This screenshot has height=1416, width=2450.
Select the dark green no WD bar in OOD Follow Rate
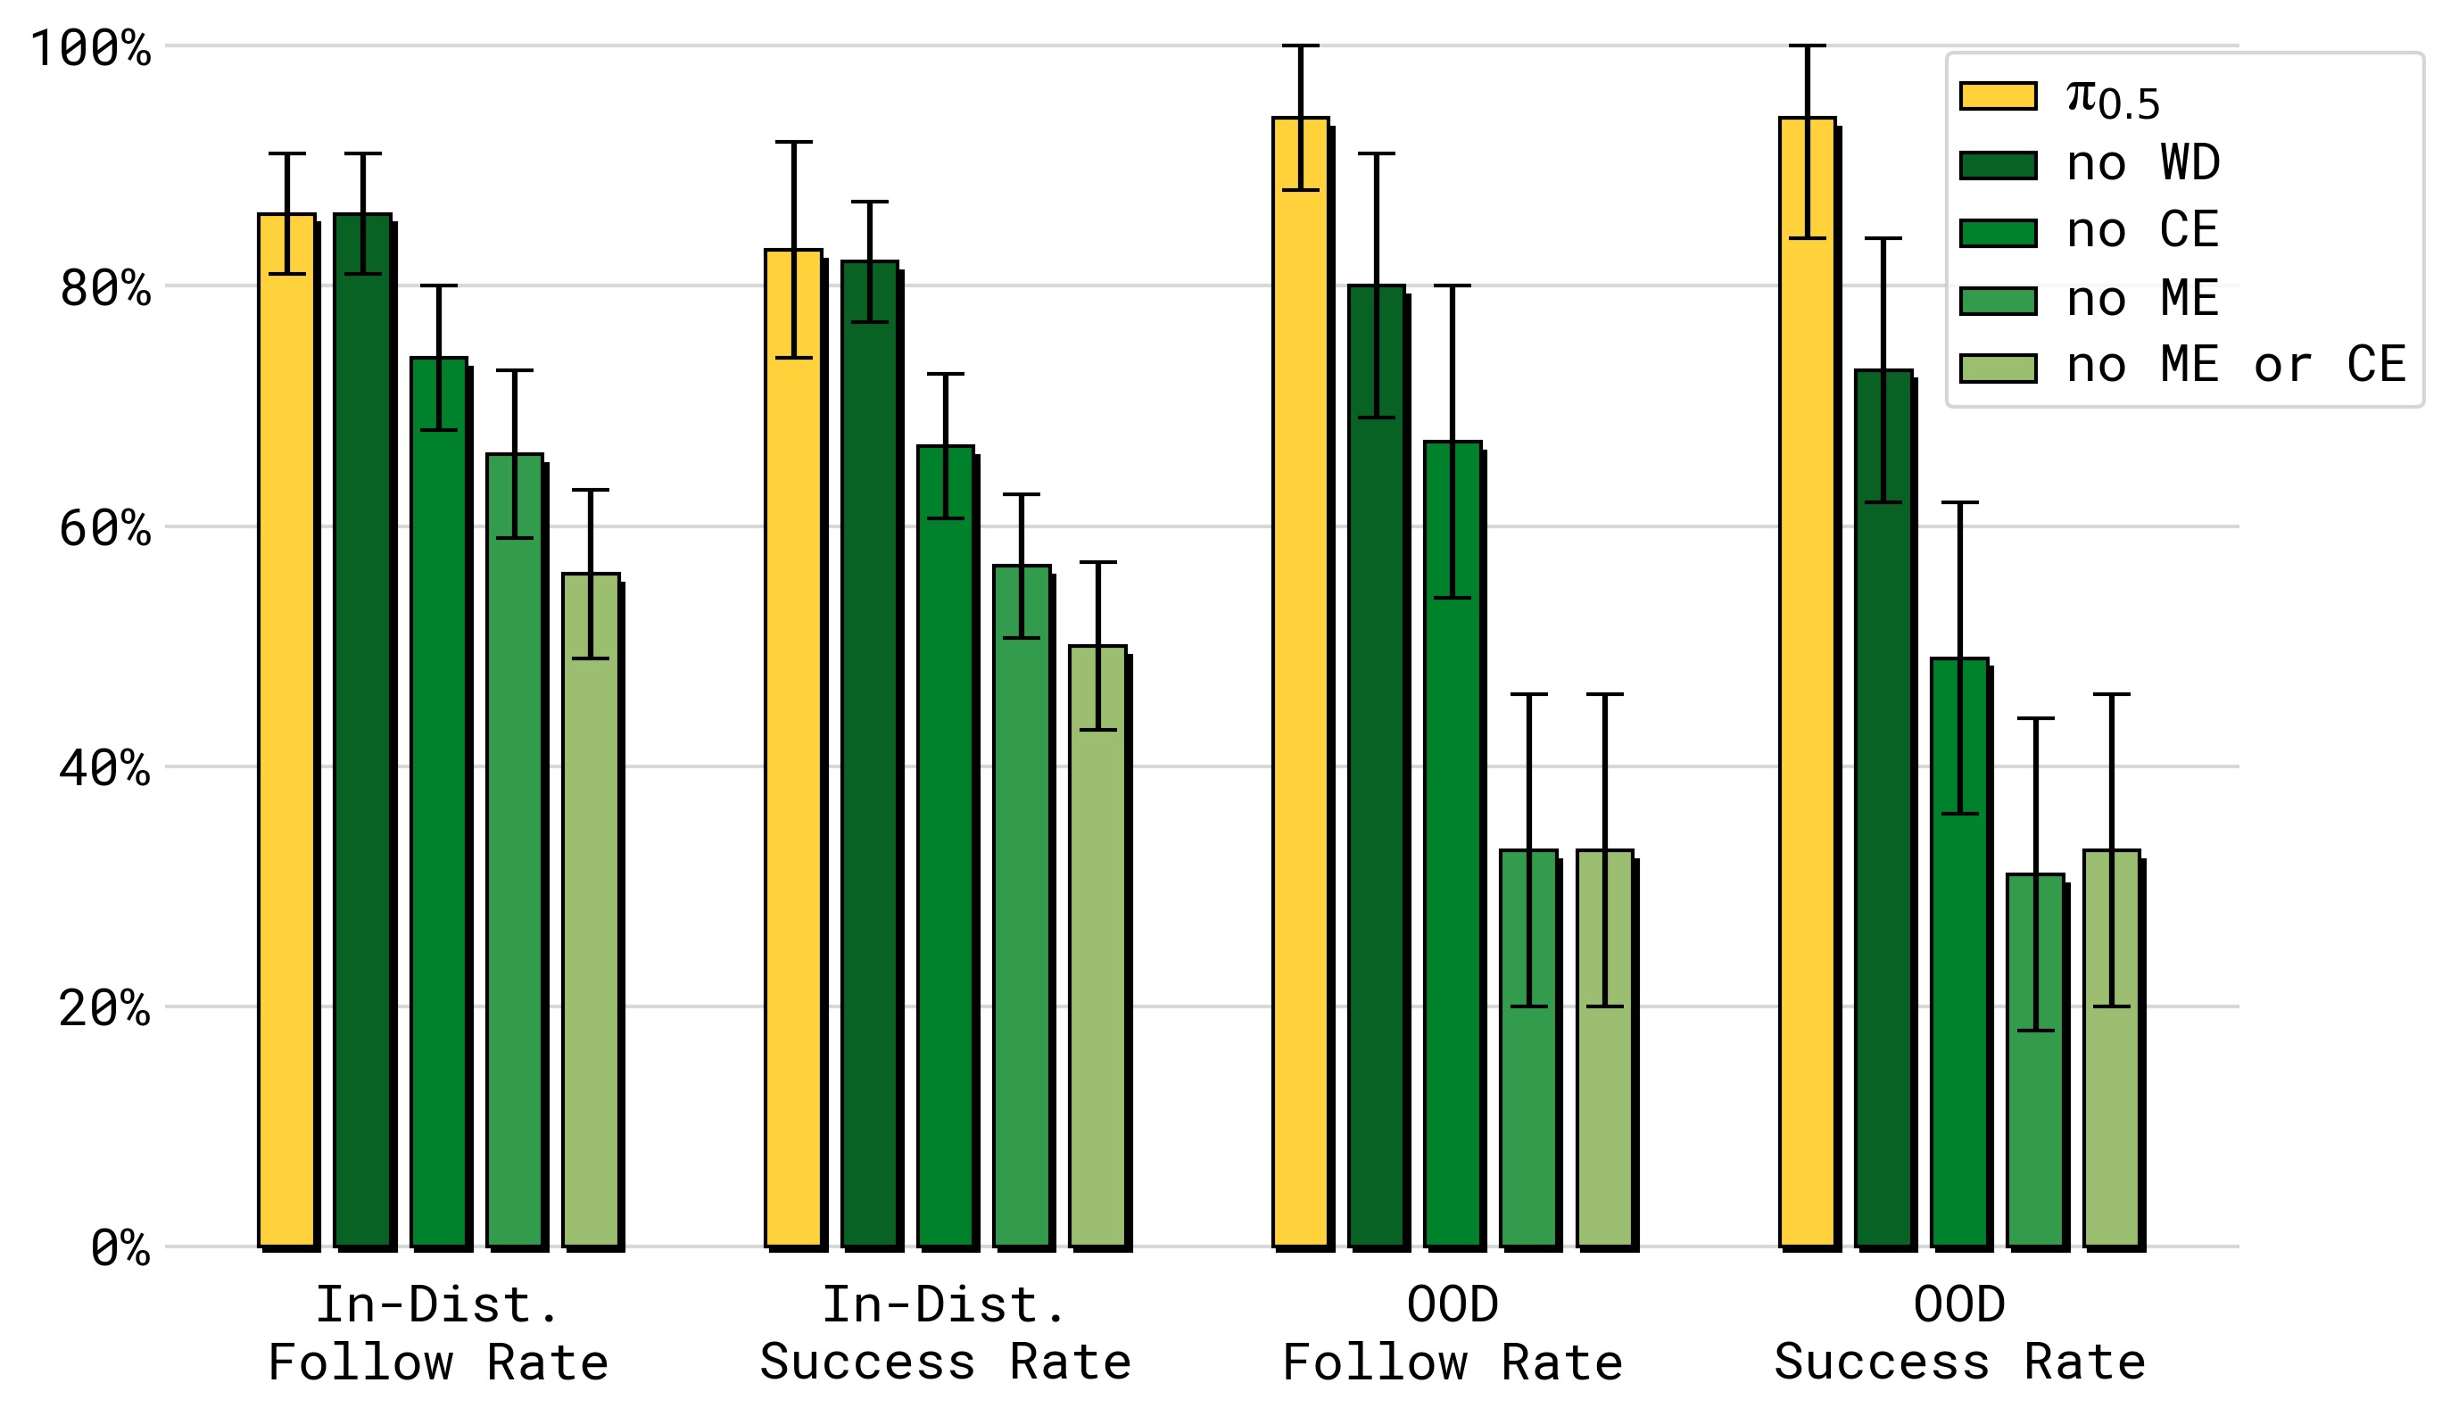(1377, 766)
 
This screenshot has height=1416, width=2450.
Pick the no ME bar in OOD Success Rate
(2036, 1060)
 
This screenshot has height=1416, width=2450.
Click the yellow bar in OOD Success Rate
(1808, 682)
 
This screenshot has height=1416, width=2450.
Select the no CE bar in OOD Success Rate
(1960, 952)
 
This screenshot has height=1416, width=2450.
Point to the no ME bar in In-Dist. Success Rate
(1022, 906)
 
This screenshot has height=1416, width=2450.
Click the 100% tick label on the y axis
(90, 47)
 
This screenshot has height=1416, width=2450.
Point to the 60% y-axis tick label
(105, 528)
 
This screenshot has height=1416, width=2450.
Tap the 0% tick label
(120, 1247)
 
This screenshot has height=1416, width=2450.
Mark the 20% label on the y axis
(105, 1007)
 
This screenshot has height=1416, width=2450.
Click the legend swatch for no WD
(1998, 165)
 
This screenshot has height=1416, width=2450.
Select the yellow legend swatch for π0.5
(1998, 96)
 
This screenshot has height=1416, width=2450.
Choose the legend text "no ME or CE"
(2236, 365)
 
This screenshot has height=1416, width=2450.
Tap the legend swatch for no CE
(1998, 234)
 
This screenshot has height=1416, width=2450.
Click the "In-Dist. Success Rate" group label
(945, 1333)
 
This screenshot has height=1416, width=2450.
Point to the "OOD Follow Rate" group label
(1453, 1333)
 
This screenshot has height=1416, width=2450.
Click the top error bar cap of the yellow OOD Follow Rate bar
(1301, 46)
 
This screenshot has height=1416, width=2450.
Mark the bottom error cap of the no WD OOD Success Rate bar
(1883, 501)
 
